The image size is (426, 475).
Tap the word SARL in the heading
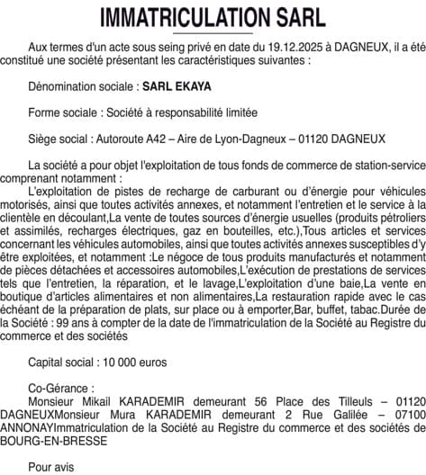click(295, 18)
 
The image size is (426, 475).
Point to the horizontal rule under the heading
click(213, 34)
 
